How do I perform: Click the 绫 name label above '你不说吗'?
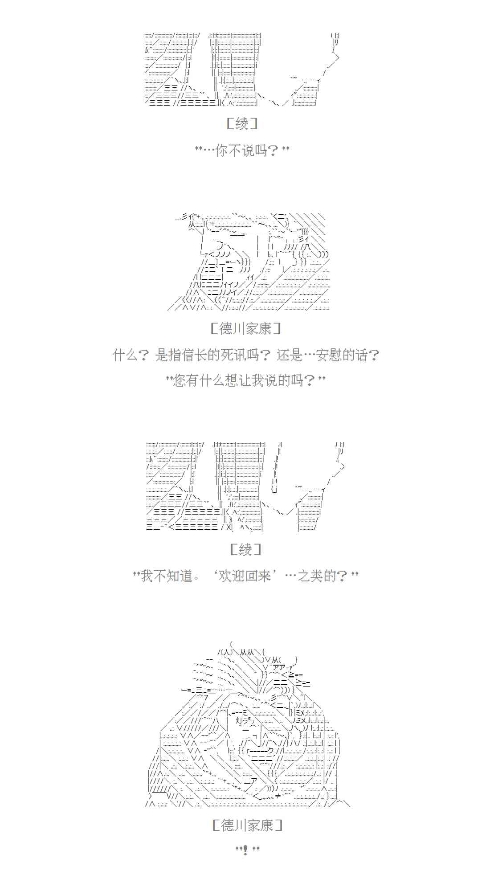point(241,123)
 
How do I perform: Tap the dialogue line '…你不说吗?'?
point(242,151)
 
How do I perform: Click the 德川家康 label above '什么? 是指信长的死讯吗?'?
point(245,329)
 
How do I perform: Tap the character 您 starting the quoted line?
point(179,380)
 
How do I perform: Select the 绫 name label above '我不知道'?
point(245,549)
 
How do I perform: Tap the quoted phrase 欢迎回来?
point(245,576)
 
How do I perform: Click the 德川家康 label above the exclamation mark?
point(247,825)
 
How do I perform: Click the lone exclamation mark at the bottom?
point(245,850)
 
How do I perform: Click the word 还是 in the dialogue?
point(290,355)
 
